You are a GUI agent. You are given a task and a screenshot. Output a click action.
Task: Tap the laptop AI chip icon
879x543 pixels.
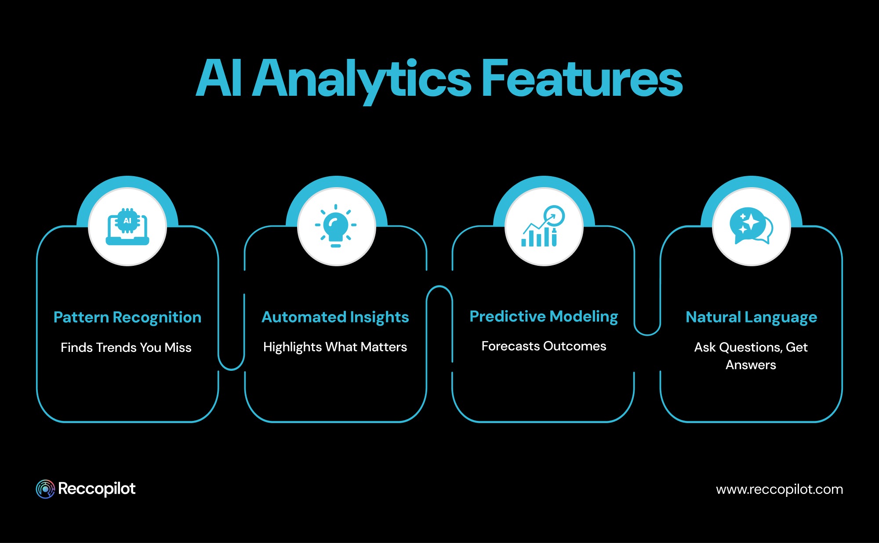[127, 227]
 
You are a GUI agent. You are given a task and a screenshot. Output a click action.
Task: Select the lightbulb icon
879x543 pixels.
[336, 226]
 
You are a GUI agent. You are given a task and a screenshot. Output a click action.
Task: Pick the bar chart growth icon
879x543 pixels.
[543, 227]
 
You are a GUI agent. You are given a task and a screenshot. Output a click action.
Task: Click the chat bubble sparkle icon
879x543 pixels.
[751, 226]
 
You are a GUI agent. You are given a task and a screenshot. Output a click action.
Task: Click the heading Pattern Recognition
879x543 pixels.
[127, 317]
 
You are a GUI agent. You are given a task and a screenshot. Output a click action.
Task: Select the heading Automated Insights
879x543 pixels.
[335, 317]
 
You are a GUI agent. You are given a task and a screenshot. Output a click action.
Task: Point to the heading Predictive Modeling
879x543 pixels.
[544, 316]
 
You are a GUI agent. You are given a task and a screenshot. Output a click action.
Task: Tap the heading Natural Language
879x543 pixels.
[751, 317]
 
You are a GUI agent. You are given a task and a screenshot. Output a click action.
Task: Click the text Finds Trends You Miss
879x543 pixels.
[126, 348]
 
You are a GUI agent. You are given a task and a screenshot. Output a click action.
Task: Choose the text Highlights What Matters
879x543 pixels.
[335, 347]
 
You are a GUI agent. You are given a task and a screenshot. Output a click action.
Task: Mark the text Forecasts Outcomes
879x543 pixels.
[544, 346]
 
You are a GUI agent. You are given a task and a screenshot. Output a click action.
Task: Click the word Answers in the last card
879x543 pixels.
[751, 365]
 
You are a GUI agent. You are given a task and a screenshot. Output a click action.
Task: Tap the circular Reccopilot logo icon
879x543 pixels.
[45, 489]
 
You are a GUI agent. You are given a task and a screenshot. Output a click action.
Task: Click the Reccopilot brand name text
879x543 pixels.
[97, 489]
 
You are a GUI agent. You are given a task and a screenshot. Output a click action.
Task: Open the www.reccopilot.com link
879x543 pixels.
[779, 489]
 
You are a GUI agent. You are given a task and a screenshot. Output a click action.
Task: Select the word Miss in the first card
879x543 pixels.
[178, 348]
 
